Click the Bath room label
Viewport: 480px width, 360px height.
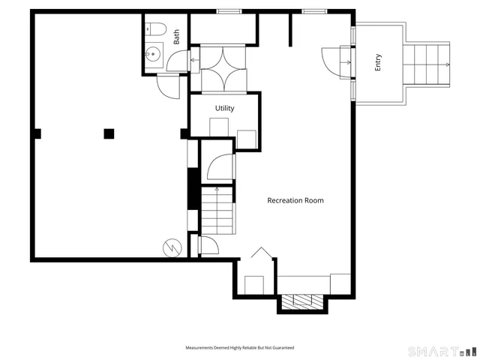click(x=177, y=37)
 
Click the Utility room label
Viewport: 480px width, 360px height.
click(x=224, y=108)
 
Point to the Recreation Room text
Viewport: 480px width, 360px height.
click(x=296, y=200)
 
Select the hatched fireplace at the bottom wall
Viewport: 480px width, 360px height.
click(x=303, y=302)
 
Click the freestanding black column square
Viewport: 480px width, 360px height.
click(x=109, y=133)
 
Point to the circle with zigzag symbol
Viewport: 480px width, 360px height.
click(x=171, y=247)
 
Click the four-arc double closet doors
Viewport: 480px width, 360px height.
click(x=223, y=70)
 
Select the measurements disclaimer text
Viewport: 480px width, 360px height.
click(x=240, y=348)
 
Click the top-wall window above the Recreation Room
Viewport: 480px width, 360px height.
click(x=314, y=10)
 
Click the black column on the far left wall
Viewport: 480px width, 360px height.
click(x=37, y=133)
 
